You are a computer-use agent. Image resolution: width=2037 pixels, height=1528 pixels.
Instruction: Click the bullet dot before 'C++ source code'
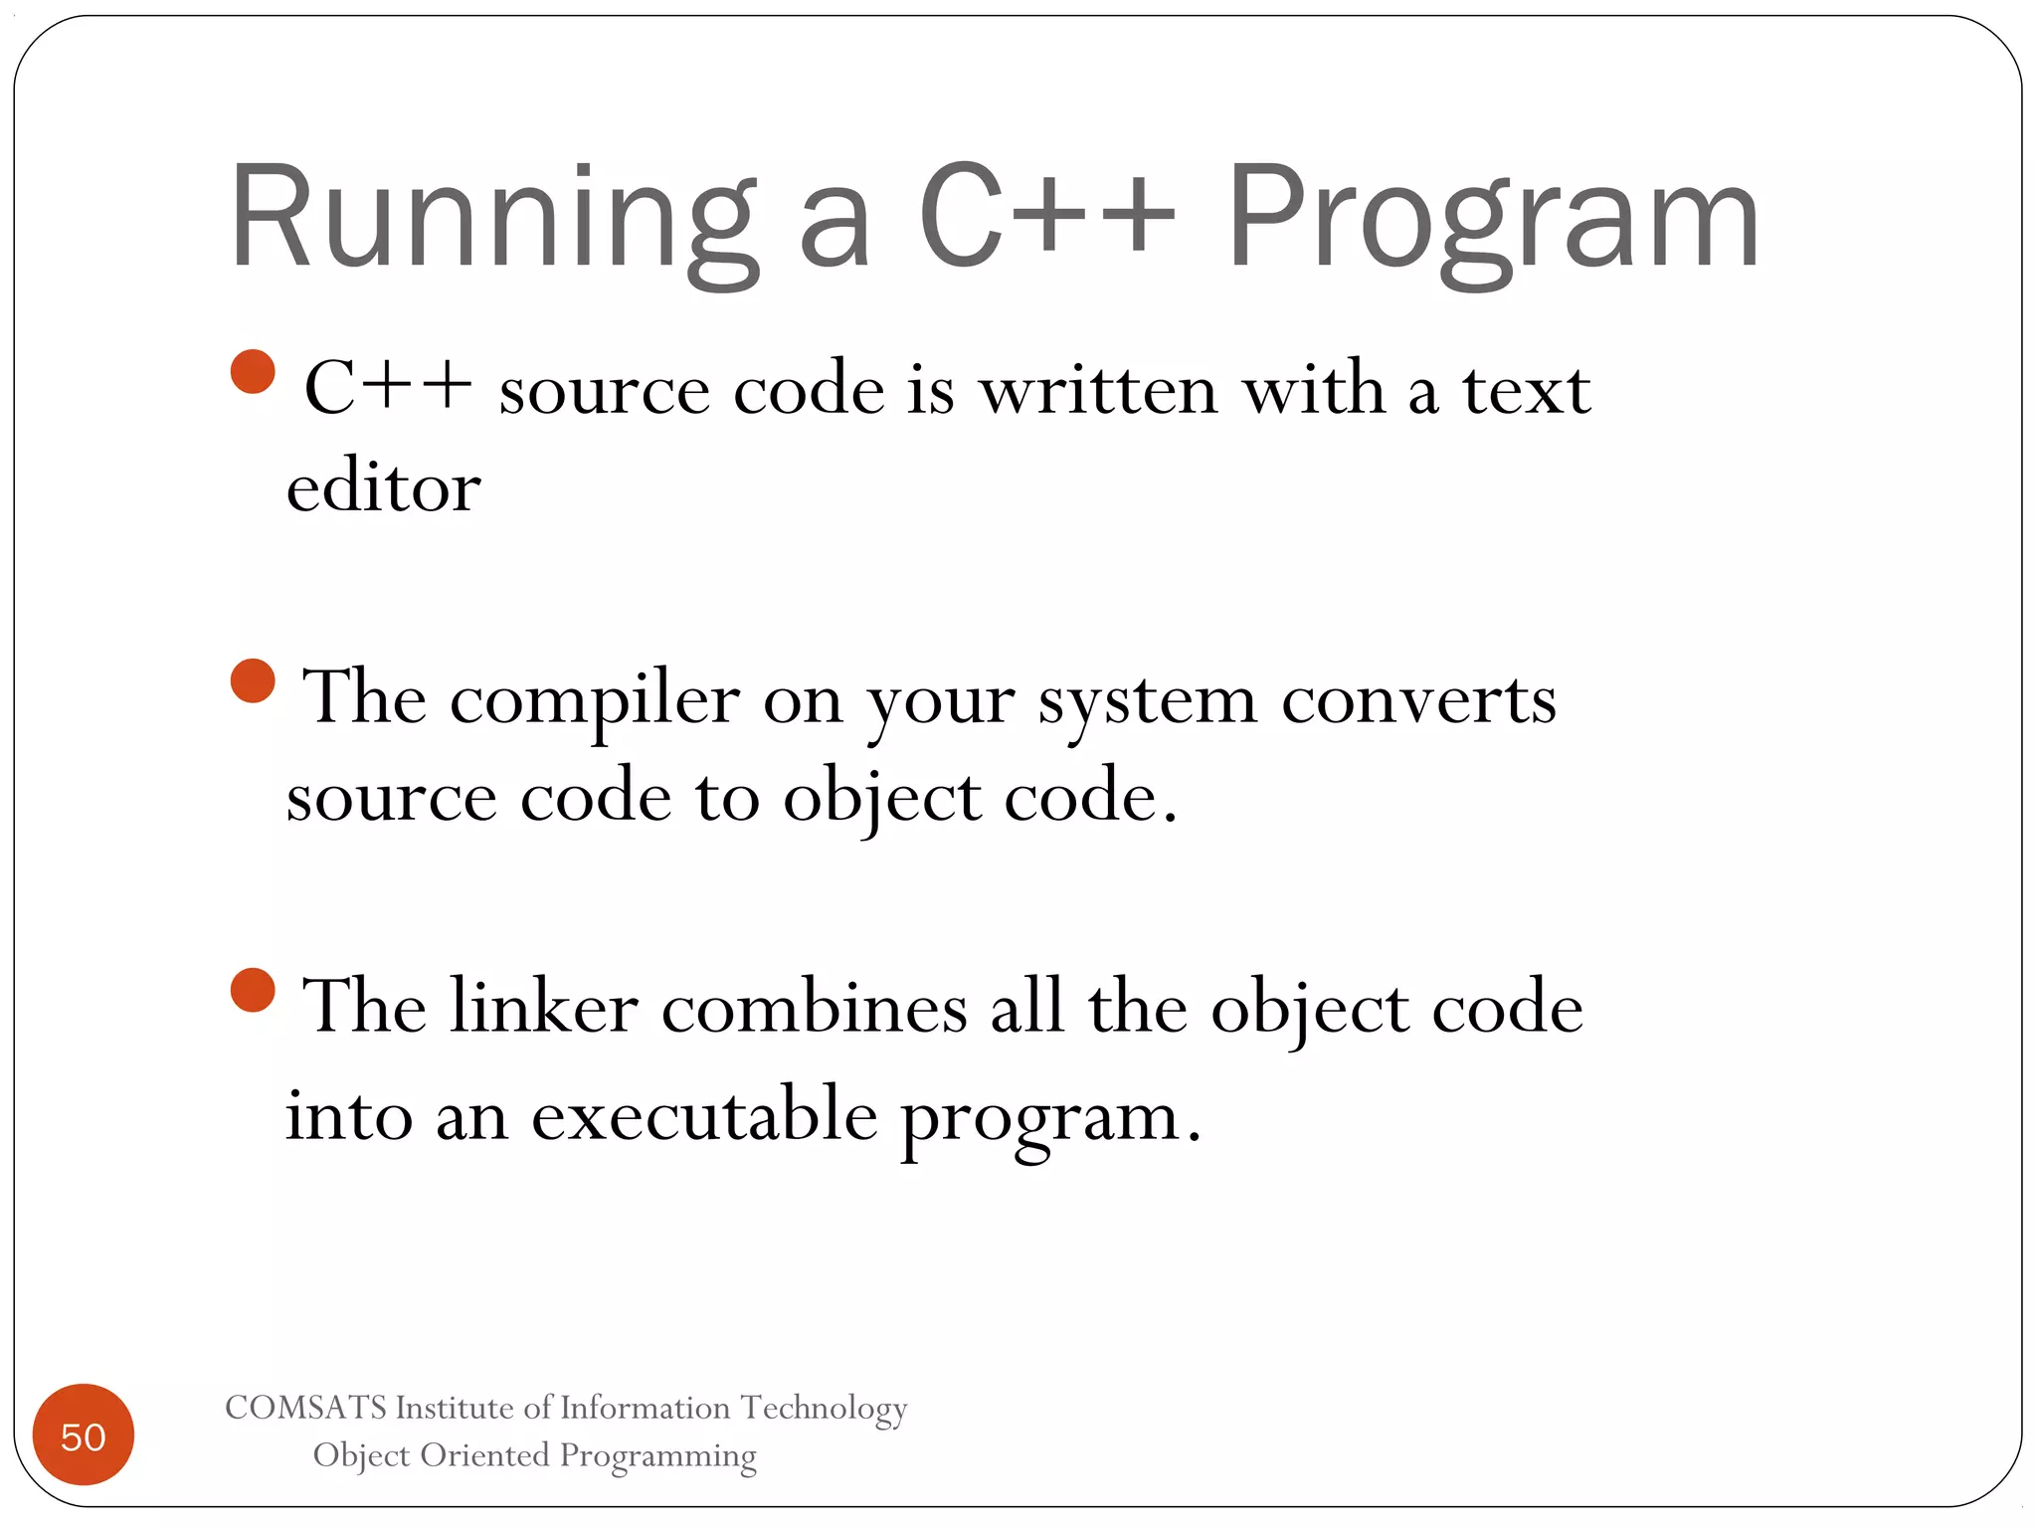pos(253,372)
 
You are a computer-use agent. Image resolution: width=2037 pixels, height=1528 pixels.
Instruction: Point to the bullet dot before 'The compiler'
pos(253,681)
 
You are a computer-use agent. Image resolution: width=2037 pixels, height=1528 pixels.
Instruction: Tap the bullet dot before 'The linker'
pos(253,991)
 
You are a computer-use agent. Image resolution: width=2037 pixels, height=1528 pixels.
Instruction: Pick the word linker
pos(543,1008)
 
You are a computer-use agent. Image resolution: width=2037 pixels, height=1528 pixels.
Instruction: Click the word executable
pos(704,1115)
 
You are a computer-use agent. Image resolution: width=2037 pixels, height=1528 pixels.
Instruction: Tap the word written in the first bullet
pos(1099,390)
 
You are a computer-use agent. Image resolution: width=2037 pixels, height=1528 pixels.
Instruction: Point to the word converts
pos(1418,700)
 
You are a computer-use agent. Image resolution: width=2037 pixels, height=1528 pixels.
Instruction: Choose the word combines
pos(815,1008)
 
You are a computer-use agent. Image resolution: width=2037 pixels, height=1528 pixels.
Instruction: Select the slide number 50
pos(84,1436)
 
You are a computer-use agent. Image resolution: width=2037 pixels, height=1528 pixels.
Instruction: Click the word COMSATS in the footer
pos(305,1408)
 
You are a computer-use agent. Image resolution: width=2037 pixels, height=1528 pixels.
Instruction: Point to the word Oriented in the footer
pos(485,1455)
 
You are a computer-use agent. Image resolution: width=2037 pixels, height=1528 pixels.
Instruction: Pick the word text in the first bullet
pos(1526,390)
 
